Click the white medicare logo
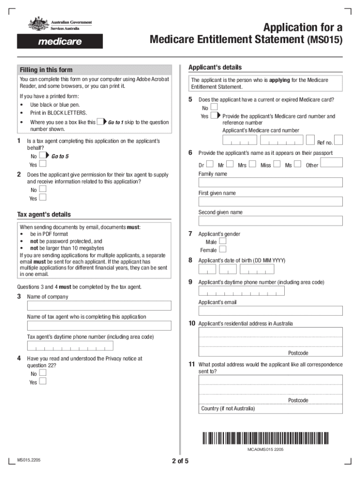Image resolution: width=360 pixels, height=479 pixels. click(60, 42)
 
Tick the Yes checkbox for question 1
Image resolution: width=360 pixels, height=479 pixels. click(43, 164)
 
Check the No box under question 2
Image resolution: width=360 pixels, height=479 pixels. click(43, 189)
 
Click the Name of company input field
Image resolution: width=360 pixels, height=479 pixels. click(99, 306)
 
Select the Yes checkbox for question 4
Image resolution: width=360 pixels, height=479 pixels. click(43, 381)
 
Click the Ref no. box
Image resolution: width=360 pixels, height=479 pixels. click(338, 140)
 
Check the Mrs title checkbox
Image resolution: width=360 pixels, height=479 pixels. click(253, 164)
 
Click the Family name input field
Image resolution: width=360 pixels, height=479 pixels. click(271, 182)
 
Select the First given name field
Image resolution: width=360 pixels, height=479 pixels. click(271, 202)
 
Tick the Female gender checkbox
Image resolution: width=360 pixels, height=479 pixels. click(223, 249)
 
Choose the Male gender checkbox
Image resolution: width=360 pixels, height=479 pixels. click(223, 241)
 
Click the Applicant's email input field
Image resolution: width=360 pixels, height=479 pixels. click(271, 311)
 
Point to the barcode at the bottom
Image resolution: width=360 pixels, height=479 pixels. click(266, 438)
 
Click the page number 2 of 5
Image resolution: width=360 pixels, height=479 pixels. click(180, 461)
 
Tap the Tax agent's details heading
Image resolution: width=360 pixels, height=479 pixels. click(44, 215)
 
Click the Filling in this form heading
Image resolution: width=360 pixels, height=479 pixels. click(46, 70)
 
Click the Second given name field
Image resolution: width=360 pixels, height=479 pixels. click(271, 221)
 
